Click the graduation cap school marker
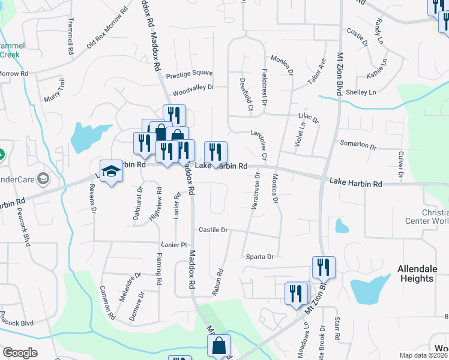point(111,173)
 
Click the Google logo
point(20,353)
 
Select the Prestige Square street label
point(189,74)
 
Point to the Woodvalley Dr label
point(193,89)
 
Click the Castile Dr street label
point(213,230)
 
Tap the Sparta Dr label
point(259,257)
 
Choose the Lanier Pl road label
point(175,245)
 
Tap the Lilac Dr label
point(308,119)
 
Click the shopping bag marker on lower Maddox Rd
point(219,346)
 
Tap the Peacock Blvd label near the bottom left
point(16,322)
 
